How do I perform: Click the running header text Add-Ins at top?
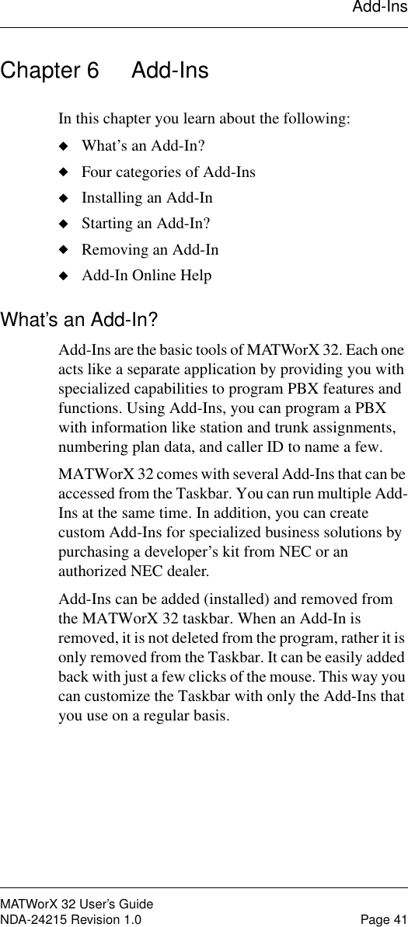click(379, 8)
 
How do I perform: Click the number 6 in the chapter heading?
click(92, 71)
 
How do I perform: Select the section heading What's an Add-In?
click(80, 319)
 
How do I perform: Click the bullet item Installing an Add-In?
click(147, 198)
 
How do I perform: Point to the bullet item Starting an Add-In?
click(145, 224)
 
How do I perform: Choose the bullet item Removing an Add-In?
click(150, 249)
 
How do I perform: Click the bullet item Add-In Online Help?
click(146, 276)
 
